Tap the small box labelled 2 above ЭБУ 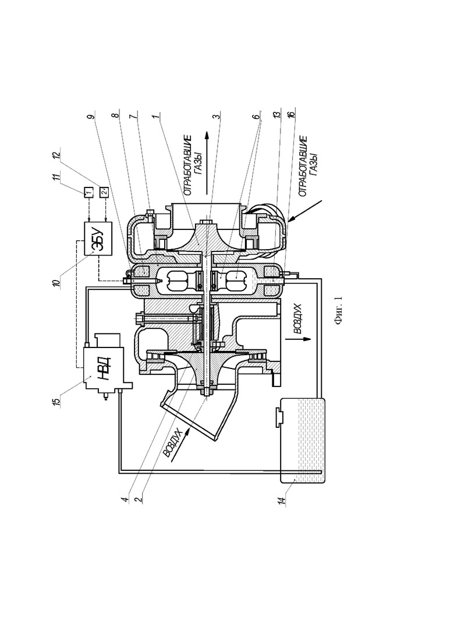click(x=104, y=191)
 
